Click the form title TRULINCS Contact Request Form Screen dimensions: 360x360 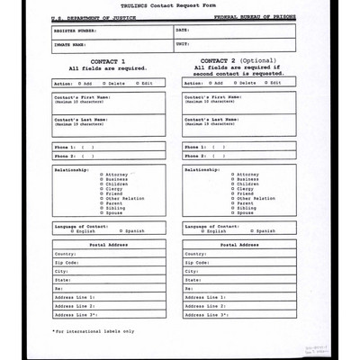click(x=181, y=5)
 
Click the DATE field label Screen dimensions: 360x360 click(x=183, y=30)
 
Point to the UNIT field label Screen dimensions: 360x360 click(x=183, y=43)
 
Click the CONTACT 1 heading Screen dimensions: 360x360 click(x=108, y=60)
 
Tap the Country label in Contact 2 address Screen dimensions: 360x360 click(x=196, y=254)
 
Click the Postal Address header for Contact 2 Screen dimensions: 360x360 click(x=238, y=244)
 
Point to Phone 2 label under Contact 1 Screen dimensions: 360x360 click(x=64, y=156)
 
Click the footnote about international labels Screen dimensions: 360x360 click(x=94, y=331)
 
